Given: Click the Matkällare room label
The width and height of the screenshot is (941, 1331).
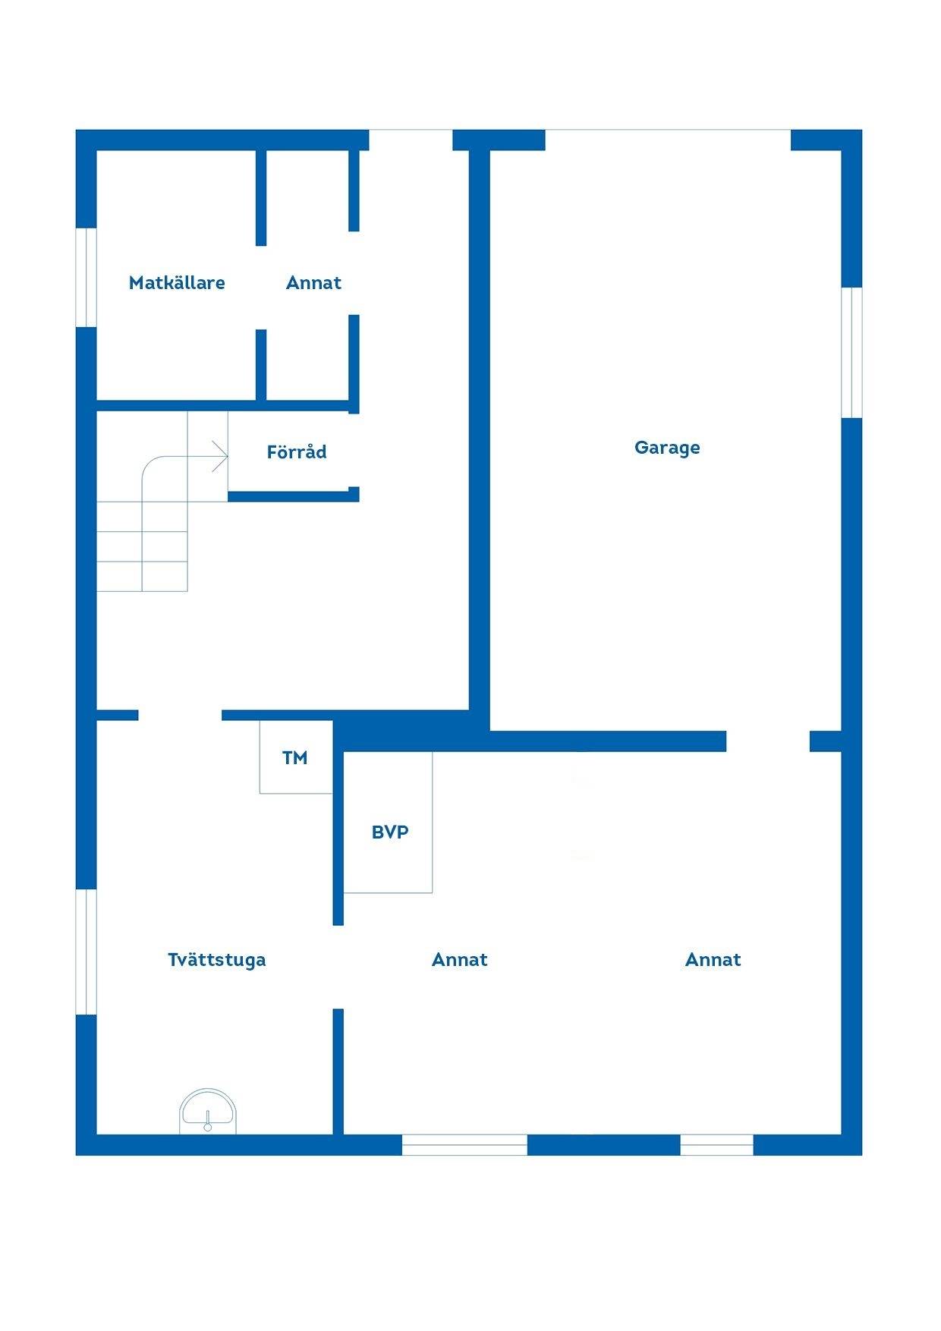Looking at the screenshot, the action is point(177,283).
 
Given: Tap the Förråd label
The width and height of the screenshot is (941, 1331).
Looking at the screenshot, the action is point(297,452).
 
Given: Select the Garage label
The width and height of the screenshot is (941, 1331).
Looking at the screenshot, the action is point(667,448).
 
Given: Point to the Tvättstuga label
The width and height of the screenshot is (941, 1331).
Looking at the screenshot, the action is point(217,960).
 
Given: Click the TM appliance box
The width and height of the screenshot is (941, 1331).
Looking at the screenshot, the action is point(296,757).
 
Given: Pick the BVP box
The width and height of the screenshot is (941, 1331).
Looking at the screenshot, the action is point(389,822).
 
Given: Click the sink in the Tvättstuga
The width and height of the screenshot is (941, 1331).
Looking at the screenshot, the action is point(208,1112).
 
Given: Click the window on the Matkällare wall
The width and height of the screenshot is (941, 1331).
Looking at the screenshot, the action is point(87,277).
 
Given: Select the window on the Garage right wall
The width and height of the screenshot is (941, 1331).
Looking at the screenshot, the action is point(851,352).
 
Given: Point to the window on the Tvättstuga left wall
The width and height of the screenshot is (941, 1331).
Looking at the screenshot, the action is point(87,952).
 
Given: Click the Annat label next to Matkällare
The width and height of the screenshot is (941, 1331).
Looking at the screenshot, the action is point(313,283).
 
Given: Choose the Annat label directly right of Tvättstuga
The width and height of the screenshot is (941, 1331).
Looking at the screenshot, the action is point(459,960).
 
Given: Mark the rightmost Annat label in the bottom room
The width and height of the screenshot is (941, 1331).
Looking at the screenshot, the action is point(713,960).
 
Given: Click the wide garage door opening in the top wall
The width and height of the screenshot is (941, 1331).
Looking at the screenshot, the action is point(668,140).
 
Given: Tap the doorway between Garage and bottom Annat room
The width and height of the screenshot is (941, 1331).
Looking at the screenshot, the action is point(768,741).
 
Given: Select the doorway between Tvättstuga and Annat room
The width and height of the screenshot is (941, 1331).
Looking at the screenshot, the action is point(338,968).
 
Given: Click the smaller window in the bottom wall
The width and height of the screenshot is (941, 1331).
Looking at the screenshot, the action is point(716,1145).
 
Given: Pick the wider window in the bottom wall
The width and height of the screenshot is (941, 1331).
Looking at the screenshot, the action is point(464,1145).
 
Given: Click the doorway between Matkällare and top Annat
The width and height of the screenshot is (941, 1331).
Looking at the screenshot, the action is point(261,288).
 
